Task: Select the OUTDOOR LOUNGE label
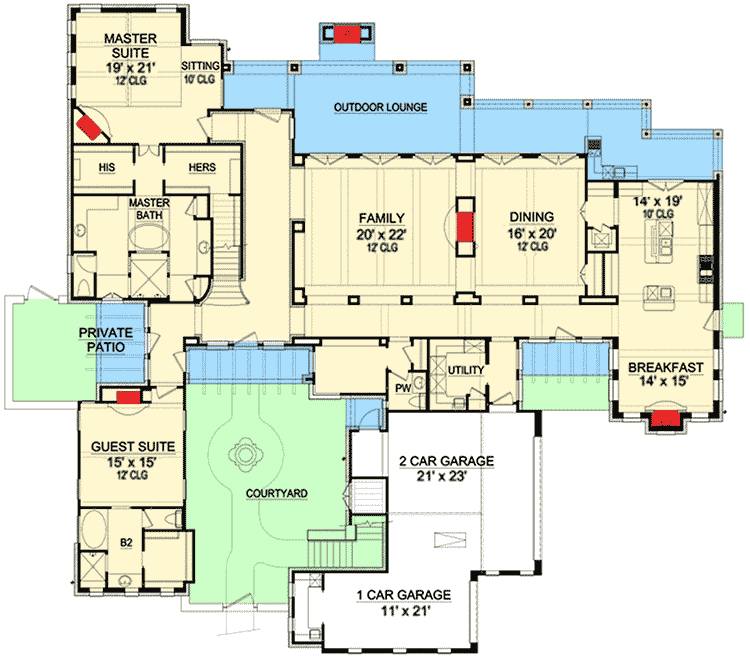point(381,107)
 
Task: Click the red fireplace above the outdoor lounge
point(348,36)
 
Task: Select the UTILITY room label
point(466,371)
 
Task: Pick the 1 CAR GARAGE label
point(404,595)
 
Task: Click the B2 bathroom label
point(127,542)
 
